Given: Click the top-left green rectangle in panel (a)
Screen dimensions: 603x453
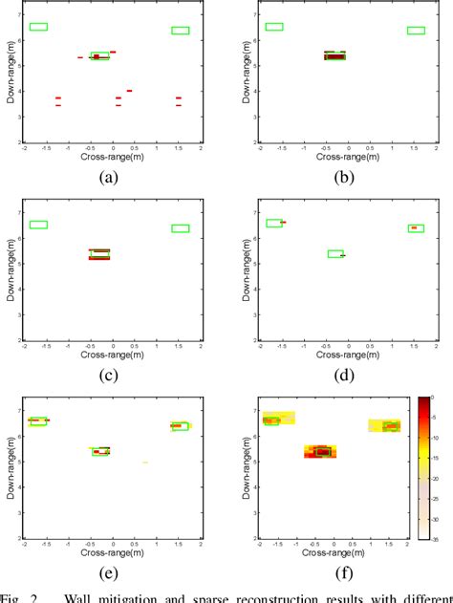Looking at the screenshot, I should (x=38, y=27).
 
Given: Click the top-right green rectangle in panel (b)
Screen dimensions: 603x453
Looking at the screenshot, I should (x=416, y=31).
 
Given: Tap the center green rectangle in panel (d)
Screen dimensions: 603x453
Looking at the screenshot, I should (x=335, y=253).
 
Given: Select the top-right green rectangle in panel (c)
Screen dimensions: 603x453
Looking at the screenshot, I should (x=180, y=228).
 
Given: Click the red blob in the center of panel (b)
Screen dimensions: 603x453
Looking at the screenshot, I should (x=334, y=56).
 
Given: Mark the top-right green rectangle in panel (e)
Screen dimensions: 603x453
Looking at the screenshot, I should (x=180, y=425).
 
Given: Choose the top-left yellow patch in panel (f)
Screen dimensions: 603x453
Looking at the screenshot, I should (x=279, y=418).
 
